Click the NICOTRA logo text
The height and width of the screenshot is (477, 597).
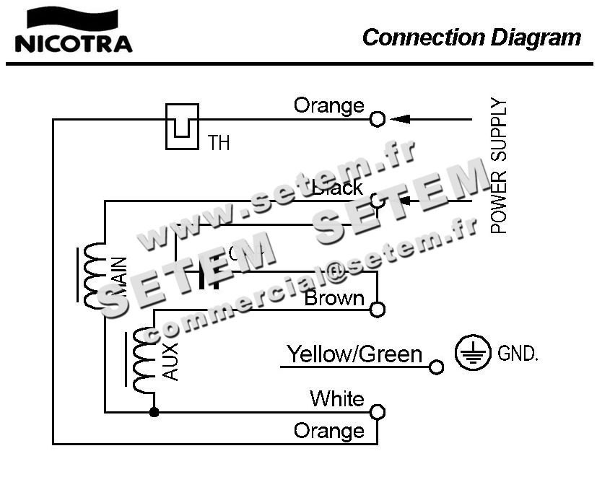point(73,43)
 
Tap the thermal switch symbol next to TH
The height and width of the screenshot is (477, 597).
point(182,126)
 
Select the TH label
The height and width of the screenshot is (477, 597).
point(219,143)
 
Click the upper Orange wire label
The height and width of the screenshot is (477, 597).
point(328,106)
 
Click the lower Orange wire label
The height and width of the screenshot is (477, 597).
point(328,432)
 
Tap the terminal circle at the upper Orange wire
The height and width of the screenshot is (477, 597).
point(377,119)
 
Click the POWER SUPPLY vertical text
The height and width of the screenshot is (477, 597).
point(499,166)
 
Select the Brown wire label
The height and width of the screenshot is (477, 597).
point(334,298)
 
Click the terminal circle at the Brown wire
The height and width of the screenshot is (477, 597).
point(377,310)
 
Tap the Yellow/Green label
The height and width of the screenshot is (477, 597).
point(354,354)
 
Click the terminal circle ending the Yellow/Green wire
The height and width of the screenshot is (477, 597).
point(435,367)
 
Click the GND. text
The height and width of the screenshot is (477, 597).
point(518,354)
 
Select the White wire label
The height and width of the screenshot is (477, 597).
point(337,398)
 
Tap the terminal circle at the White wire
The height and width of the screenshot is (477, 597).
point(377,412)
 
